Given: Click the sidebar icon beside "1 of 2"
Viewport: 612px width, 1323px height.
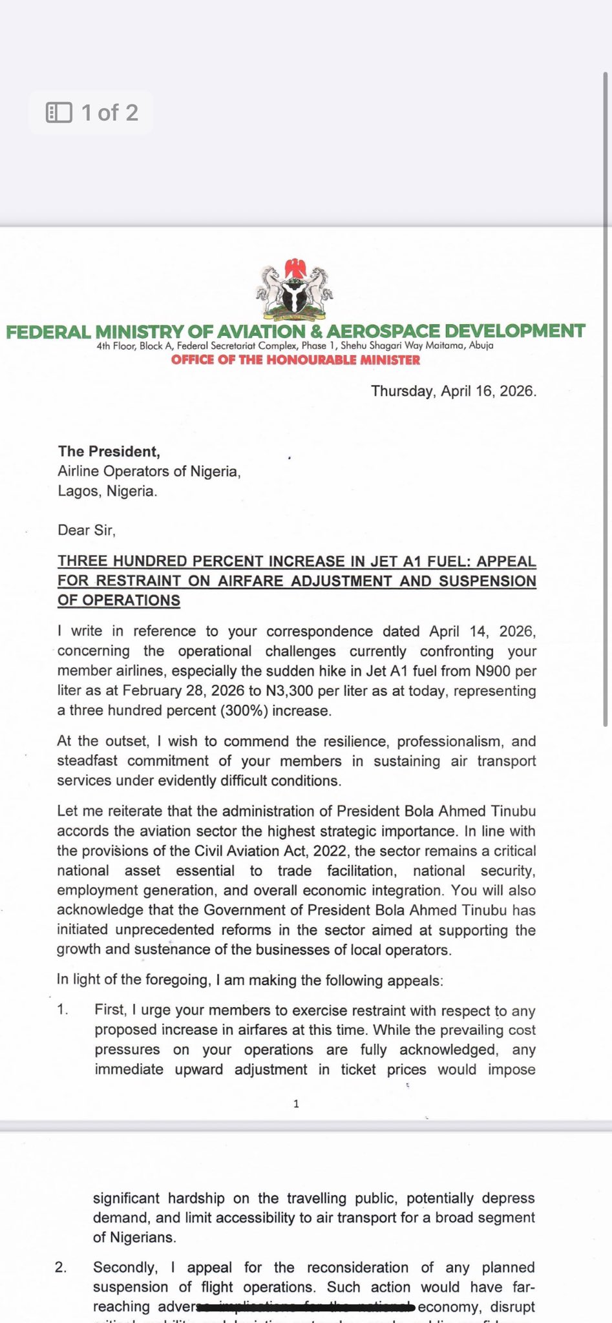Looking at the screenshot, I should tap(59, 112).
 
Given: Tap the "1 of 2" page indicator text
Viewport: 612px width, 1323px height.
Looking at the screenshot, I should tap(110, 112).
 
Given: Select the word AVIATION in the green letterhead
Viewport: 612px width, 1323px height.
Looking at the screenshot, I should tap(260, 331).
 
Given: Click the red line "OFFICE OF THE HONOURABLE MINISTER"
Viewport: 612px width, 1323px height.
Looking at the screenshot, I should tap(295, 360).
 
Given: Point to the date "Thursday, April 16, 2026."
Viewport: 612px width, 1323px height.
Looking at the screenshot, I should tap(453, 391).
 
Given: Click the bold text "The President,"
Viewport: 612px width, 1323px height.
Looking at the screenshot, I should tap(109, 452).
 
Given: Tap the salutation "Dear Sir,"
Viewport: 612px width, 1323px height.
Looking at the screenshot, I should tap(86, 530).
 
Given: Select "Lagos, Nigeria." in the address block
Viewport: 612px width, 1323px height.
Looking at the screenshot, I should tap(107, 491).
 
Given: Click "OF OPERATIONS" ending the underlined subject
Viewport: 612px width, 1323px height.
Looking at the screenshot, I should tap(118, 600).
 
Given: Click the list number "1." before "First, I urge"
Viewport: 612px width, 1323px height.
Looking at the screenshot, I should tap(63, 1010).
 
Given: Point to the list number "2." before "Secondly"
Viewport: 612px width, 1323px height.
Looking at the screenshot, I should tap(61, 1267).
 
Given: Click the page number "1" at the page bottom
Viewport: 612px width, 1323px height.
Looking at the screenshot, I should tap(296, 1103).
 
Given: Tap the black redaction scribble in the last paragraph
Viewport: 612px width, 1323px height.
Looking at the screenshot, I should tap(307, 1307).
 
